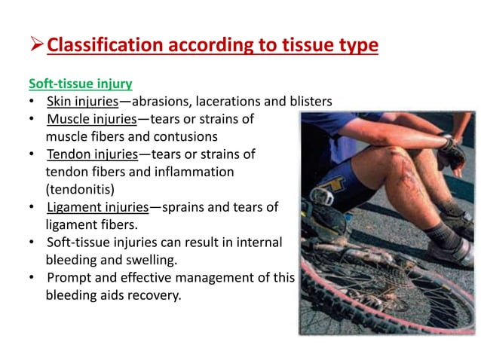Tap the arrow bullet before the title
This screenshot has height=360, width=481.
point(36,46)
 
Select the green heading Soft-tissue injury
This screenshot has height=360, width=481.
point(81,84)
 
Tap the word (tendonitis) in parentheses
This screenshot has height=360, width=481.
point(80,189)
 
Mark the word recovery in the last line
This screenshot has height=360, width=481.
point(156,295)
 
